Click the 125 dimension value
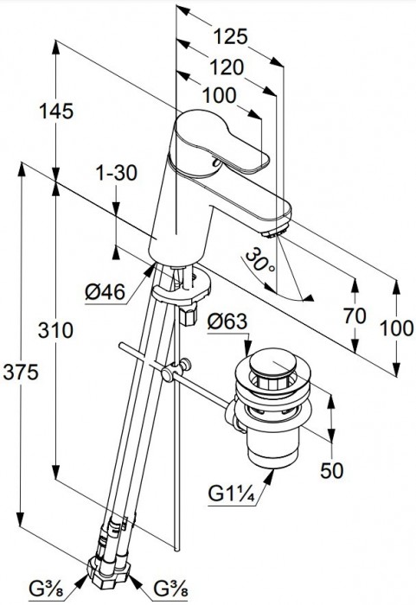[x=230, y=37]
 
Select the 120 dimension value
[x=227, y=67]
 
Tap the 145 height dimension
[x=56, y=111]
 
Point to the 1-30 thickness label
[x=117, y=173]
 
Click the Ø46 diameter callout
[x=105, y=292]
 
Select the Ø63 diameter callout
[x=227, y=321]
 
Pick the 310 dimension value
[x=55, y=330]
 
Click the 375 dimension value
[x=22, y=373]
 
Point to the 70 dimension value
[x=355, y=316]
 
